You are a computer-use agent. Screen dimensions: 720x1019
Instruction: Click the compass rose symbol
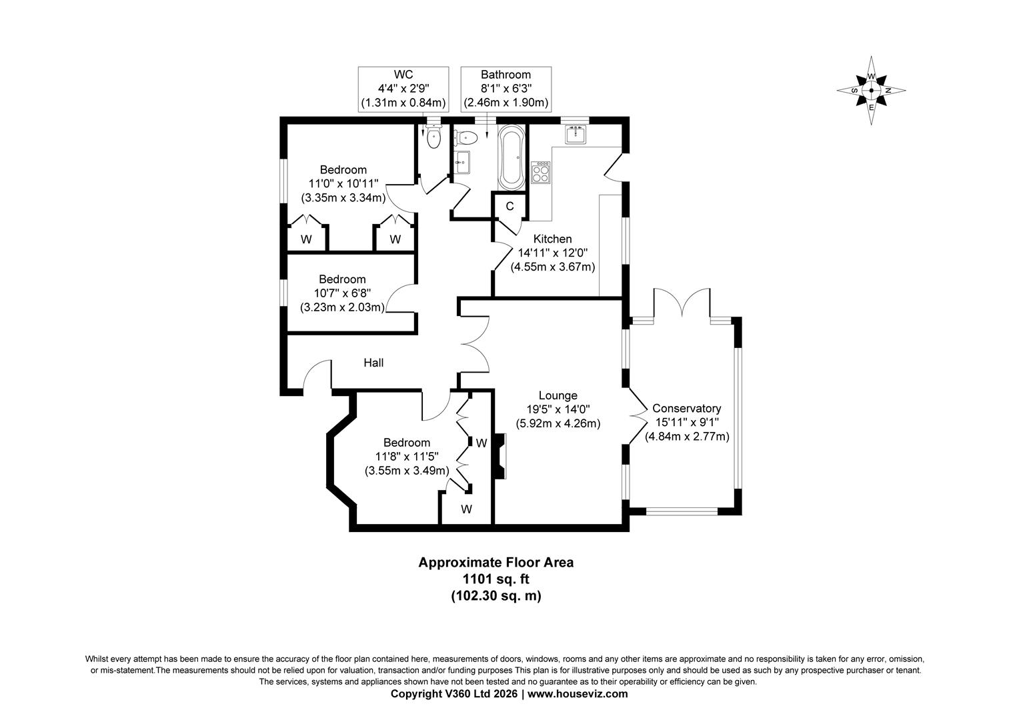(871, 91)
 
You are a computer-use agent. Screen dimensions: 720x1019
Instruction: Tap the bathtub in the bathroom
(512, 157)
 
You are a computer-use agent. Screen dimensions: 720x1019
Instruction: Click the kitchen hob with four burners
(540, 173)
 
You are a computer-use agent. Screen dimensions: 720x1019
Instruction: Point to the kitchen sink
(574, 135)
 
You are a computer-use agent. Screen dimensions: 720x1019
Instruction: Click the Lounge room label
(558, 395)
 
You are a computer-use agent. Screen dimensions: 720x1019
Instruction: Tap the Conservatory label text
(686, 408)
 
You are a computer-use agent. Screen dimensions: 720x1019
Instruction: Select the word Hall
(373, 363)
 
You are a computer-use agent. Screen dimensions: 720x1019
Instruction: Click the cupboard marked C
(510, 206)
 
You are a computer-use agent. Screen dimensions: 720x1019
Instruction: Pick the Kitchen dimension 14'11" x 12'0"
(553, 253)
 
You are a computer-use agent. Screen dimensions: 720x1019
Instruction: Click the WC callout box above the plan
(403, 89)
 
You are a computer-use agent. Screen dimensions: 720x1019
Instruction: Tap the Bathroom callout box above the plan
(505, 89)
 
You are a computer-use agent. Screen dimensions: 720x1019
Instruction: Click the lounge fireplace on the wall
(499, 456)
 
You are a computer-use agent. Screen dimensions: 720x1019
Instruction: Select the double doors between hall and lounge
(475, 344)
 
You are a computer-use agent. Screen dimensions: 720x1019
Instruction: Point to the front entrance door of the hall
(317, 375)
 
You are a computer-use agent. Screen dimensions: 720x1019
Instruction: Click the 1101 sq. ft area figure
(495, 579)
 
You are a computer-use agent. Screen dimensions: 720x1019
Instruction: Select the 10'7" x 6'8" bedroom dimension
(342, 293)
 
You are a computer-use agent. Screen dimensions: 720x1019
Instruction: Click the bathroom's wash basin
(462, 161)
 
